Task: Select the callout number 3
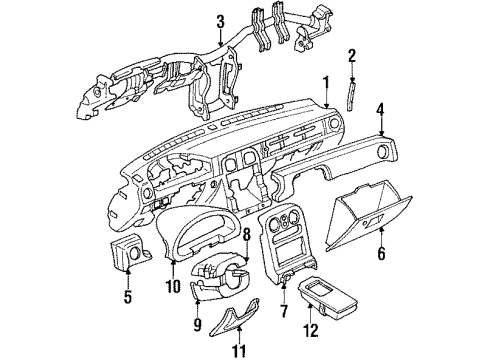tap(220, 22)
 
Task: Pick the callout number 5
tap(128, 296)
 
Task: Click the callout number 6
tap(381, 253)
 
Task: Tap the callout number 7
tap(284, 311)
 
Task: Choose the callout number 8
tap(246, 235)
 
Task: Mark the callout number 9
tap(197, 324)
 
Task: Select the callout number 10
tap(174, 286)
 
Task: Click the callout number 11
tap(240, 350)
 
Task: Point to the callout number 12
tap(311, 330)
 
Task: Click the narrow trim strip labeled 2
tap(351, 96)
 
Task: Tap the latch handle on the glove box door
tap(372, 222)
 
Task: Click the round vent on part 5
tap(136, 253)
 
